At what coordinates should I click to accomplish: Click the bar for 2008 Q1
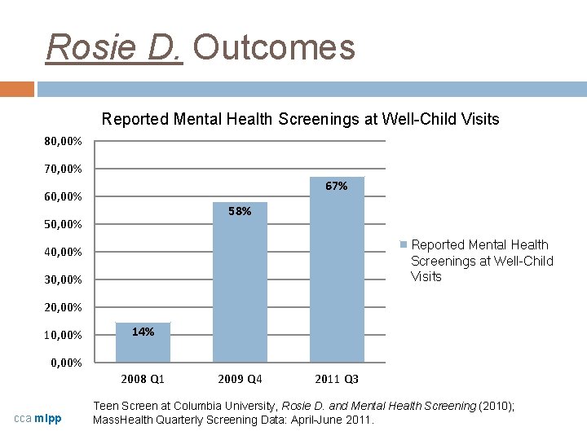143,343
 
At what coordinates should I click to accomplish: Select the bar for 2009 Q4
240,285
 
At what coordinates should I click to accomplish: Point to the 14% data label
143,332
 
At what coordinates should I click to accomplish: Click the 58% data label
240,212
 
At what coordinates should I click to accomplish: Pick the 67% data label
337,187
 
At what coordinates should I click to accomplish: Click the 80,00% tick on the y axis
63,142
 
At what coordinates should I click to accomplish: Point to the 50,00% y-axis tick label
63,225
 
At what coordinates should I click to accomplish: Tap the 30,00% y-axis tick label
63,280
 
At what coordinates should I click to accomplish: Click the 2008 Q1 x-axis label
143,379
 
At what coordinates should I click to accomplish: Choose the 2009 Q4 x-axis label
240,379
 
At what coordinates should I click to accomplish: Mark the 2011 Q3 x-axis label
337,379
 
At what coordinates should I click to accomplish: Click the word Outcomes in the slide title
274,47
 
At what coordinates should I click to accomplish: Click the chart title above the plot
300,120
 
